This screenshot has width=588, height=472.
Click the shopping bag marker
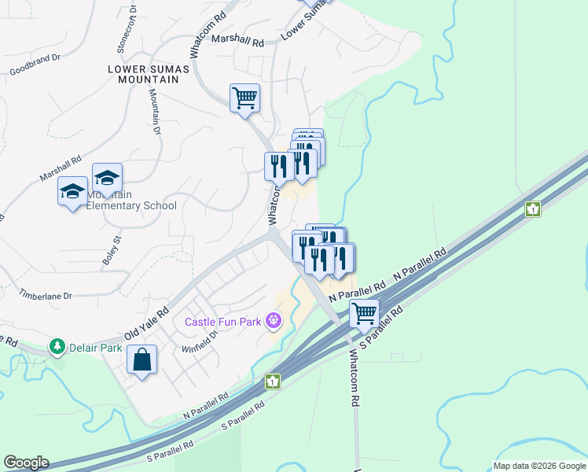(141, 361)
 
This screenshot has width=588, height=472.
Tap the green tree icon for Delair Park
(57, 346)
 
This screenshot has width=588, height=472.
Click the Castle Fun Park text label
(224, 321)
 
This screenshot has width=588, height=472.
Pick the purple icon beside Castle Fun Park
(273, 320)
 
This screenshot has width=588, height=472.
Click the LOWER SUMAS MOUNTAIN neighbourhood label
(149, 75)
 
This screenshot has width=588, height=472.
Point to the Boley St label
(111, 248)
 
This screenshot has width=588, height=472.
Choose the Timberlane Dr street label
(46, 296)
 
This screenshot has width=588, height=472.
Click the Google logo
(26, 463)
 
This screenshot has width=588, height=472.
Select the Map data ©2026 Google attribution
(538, 466)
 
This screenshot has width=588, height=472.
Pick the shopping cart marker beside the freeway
(365, 313)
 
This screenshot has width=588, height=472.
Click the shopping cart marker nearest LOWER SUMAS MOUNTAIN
(245, 98)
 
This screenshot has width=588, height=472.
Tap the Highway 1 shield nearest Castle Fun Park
(272, 381)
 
